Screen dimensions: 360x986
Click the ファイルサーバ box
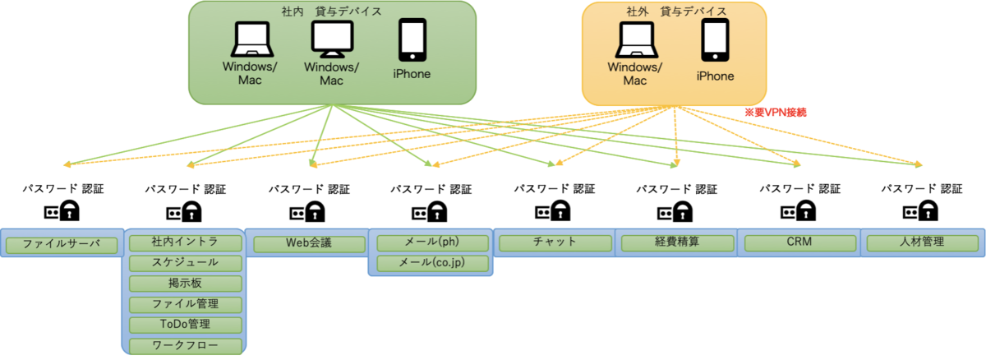[x=62, y=243]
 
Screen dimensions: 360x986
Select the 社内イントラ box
[x=185, y=242]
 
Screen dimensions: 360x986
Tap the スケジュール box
[x=185, y=263]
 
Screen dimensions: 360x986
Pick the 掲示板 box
[x=185, y=284]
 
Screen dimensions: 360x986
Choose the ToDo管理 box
[x=185, y=325]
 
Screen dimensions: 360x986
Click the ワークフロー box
[x=185, y=345]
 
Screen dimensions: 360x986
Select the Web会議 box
[x=307, y=243]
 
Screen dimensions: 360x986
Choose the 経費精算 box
[x=677, y=243]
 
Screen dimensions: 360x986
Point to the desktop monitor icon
[x=332, y=38]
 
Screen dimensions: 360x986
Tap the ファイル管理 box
[x=185, y=304]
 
